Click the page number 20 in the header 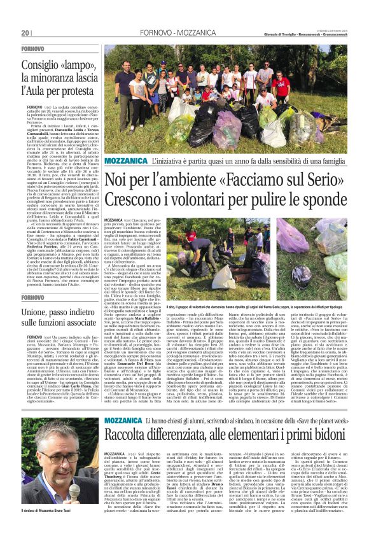tap(25, 32)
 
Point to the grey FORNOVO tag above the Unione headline tap(32, 297)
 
